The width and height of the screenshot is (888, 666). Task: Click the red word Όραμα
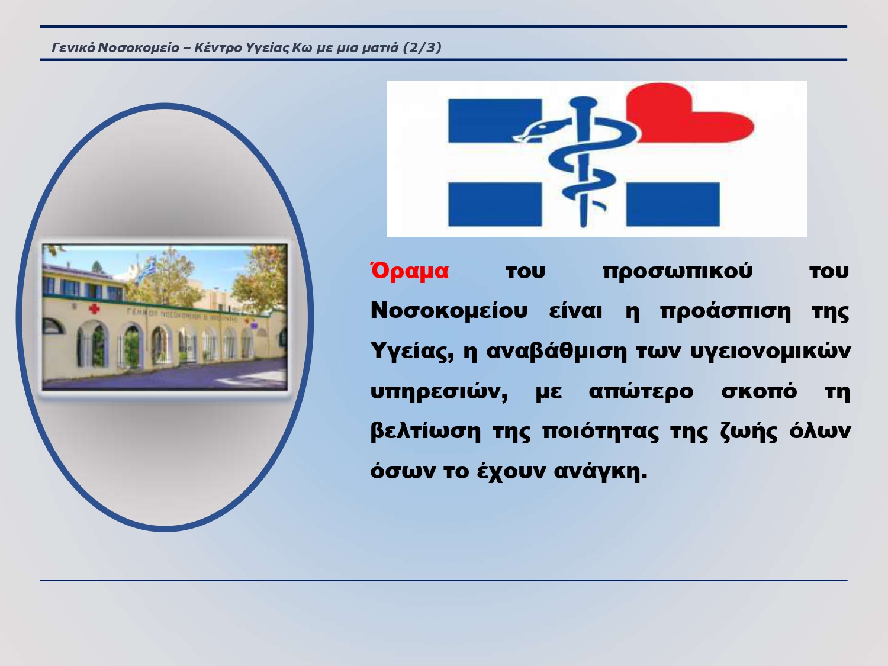coord(410,271)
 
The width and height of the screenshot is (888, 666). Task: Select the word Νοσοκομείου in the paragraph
coord(449,311)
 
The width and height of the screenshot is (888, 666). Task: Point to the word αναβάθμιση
coord(556,351)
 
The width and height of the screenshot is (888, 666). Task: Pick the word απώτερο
coord(641,391)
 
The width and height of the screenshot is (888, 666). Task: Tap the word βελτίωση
coord(426,431)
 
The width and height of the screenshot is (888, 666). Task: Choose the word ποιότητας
coord(600,431)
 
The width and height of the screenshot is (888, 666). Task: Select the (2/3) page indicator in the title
coord(422,48)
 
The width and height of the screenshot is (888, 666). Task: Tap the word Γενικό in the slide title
coord(73,48)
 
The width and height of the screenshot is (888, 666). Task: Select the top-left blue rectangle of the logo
coord(494,121)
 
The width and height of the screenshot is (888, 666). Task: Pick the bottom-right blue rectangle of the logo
coord(673,204)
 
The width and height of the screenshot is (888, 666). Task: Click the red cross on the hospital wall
coord(94,309)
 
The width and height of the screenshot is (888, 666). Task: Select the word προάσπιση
coord(725,312)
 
